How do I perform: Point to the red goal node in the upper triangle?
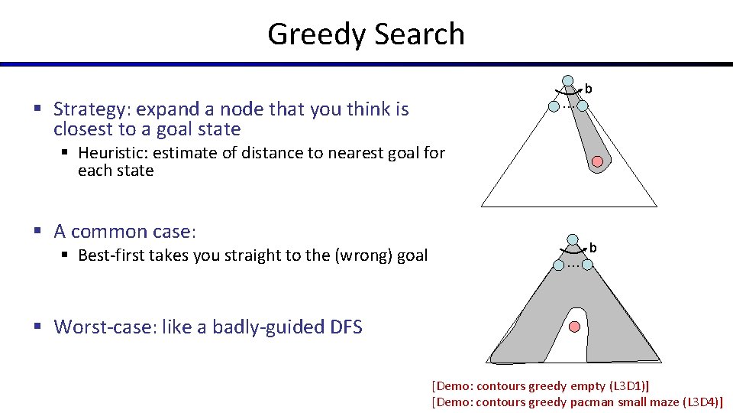coord(598,161)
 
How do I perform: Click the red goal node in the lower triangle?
coord(575,327)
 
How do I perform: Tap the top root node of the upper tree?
coord(568,80)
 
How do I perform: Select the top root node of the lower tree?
coord(572,239)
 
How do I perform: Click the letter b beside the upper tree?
coord(588,89)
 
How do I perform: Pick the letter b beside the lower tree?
coord(593,248)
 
